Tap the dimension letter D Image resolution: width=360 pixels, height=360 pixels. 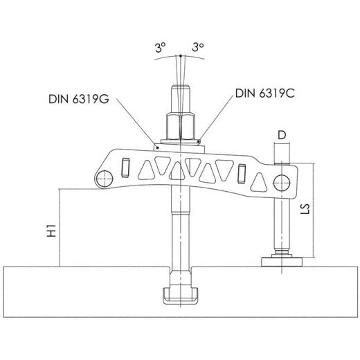tap(282, 135)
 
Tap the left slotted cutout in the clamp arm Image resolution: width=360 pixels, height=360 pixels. tap(126, 167)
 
